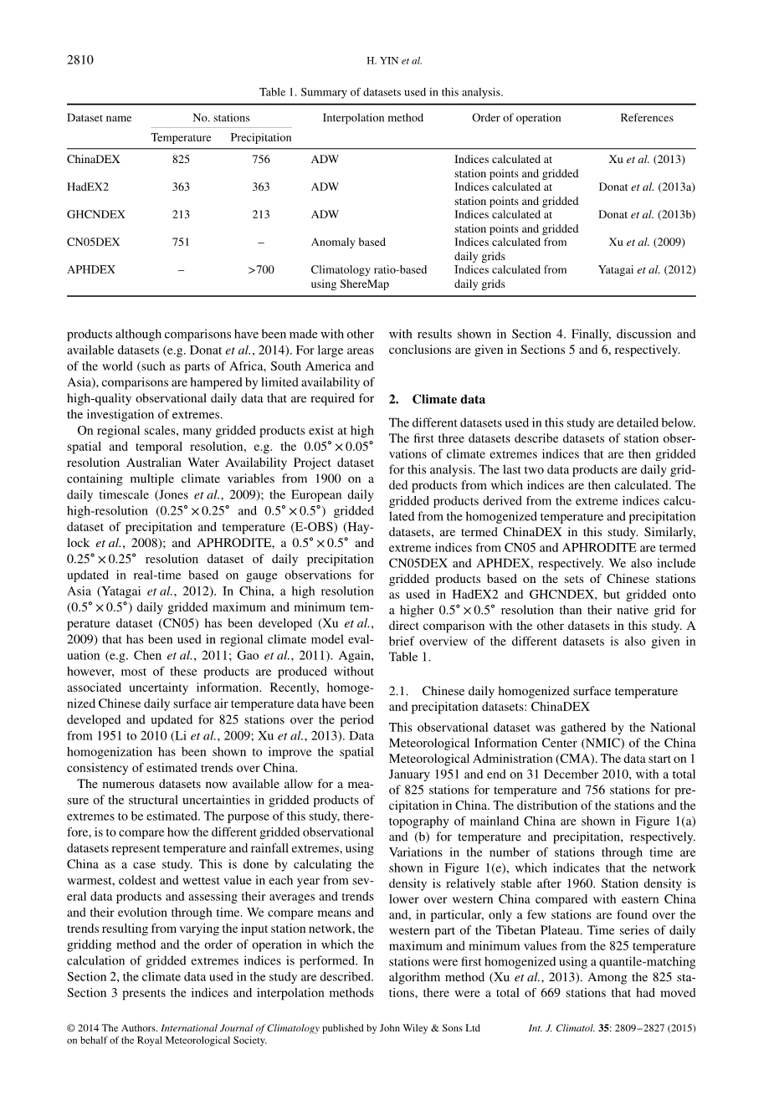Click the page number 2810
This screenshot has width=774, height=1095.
(80, 59)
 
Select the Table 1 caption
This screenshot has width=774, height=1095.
(381, 92)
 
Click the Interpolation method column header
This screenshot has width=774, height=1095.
(372, 118)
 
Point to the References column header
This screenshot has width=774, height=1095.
(646, 118)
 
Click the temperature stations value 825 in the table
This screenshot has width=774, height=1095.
(181, 159)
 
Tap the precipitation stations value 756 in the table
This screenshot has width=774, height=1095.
(261, 159)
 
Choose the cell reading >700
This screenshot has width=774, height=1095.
(261, 269)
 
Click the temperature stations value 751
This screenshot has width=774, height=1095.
(181, 242)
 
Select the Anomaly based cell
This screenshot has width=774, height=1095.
(348, 242)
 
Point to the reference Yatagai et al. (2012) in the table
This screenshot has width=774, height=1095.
(646, 269)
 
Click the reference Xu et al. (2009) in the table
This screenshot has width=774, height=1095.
(646, 242)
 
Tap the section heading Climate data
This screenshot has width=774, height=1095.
(449, 399)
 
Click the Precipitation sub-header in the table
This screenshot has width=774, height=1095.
(261, 137)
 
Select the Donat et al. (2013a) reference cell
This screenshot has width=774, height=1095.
(646, 187)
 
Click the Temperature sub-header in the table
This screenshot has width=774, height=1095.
(181, 137)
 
